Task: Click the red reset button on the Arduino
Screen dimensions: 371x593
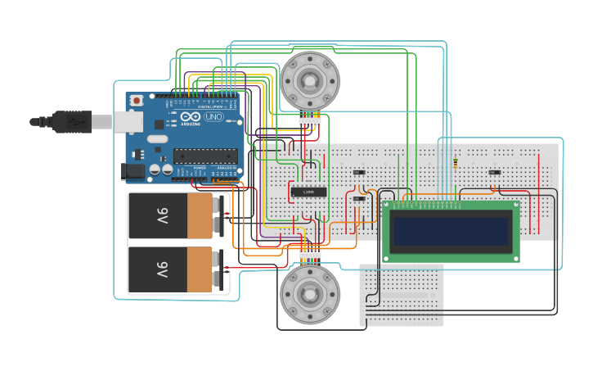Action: (x=136, y=100)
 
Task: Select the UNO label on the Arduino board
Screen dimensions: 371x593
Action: (x=213, y=117)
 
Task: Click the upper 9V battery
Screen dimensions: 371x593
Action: (x=176, y=216)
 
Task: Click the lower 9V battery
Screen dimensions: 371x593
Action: (x=176, y=269)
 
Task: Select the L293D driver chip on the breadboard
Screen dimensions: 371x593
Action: (x=309, y=192)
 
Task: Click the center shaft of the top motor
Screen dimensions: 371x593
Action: (x=310, y=80)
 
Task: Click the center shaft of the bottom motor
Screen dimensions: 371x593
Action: (x=310, y=294)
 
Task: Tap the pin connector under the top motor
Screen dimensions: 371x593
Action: (x=309, y=121)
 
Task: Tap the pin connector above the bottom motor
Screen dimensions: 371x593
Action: (x=309, y=256)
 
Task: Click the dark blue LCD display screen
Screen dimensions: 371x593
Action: (x=451, y=232)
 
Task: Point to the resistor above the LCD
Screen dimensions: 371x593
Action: (x=455, y=164)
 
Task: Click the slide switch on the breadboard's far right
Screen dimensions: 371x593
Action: (x=494, y=172)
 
